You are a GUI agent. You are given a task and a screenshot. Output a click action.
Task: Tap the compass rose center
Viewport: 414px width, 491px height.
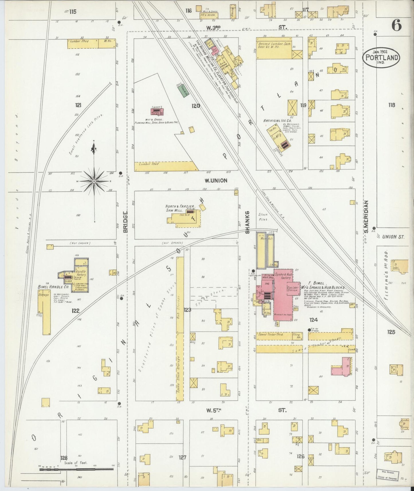[94, 182]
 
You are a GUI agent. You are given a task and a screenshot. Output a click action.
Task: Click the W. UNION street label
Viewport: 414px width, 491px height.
[216, 180]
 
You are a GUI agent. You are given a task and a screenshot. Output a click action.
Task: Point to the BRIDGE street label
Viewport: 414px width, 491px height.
[125, 222]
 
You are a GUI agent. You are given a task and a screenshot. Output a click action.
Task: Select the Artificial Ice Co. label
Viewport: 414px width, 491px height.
[277, 121]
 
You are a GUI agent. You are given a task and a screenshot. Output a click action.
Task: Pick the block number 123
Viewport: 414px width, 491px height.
[187, 310]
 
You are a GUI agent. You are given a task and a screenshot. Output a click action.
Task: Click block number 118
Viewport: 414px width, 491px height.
[391, 105]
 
